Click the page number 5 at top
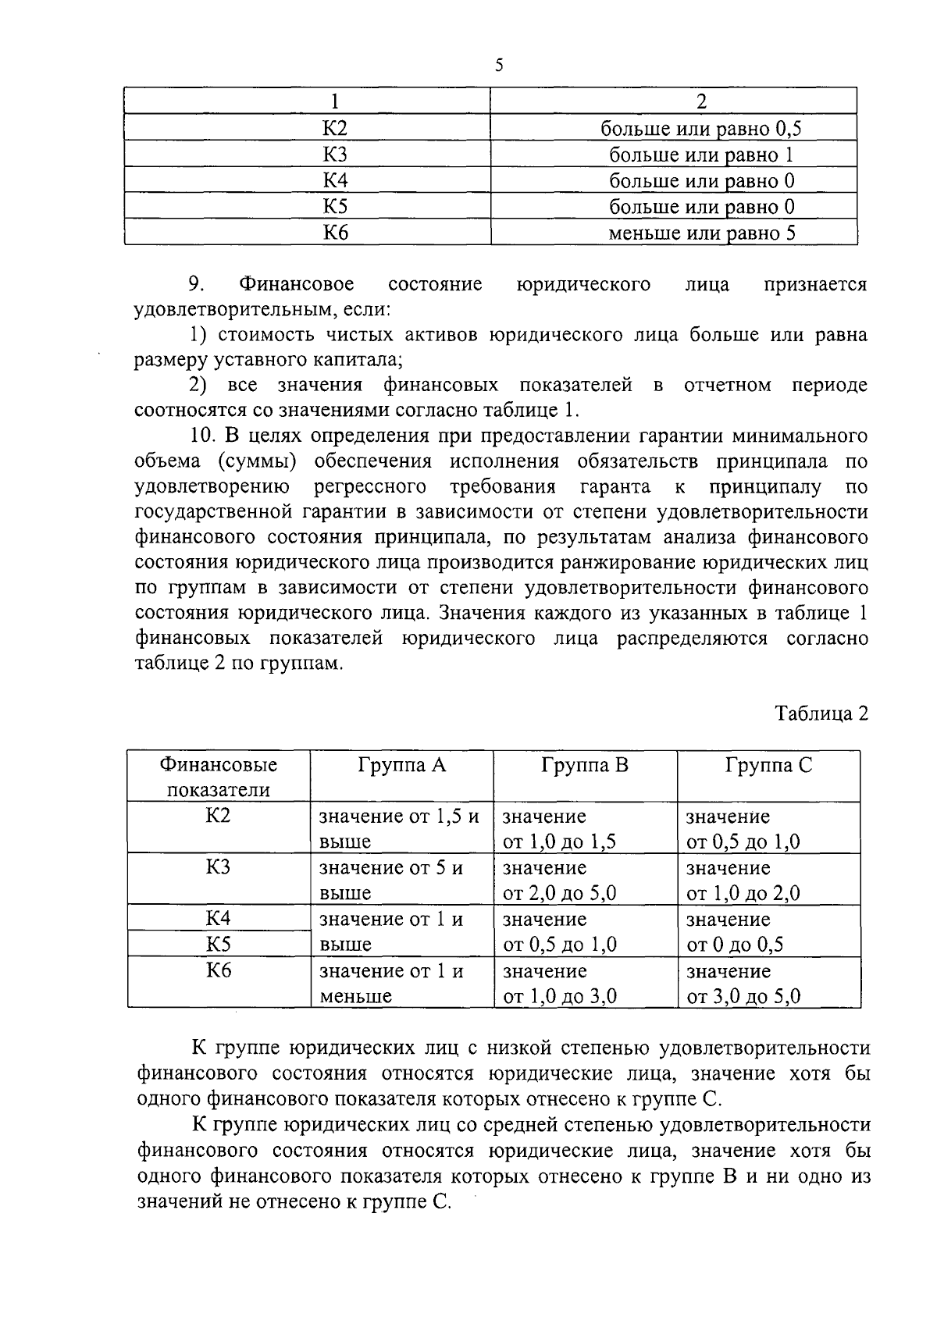pos(499,66)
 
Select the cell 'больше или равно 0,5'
pos(701,128)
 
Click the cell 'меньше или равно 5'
pos(701,233)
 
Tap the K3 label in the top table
pos(335,155)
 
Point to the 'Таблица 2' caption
pos(821,714)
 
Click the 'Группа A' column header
pos(401,765)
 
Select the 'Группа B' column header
pos(584,765)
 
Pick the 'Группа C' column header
pos(768,765)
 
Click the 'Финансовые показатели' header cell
pos(219,777)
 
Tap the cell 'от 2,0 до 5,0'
pos(559,893)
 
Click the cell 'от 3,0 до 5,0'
pos(743,996)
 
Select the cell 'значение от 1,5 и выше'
pos(399,829)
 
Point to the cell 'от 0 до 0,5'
pos(734,945)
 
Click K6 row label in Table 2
pos(219,970)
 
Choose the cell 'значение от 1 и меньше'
pos(390,984)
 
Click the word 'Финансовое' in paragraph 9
pos(297,284)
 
